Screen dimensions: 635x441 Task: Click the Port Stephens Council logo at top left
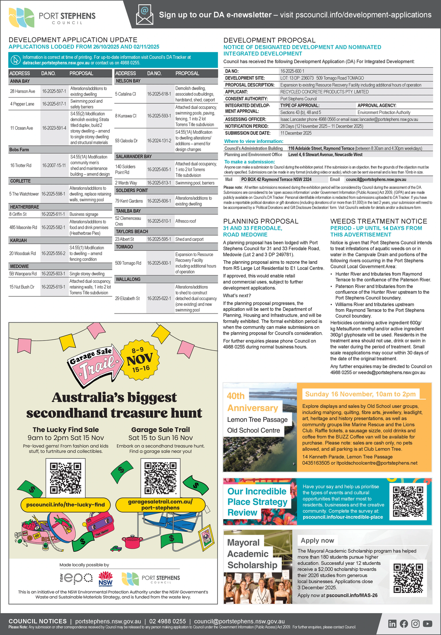tap(52, 17)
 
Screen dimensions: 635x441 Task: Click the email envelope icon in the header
tap(144, 15)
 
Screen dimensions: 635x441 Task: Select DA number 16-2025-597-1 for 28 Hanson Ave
tap(54, 91)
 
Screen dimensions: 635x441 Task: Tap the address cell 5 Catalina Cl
tap(126, 94)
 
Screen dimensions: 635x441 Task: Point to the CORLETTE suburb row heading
tap(20, 181)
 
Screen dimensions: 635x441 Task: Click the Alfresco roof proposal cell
tap(185, 221)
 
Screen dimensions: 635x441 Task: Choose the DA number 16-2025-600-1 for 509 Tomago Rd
tap(159, 263)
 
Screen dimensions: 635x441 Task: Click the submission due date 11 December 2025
tap(296, 133)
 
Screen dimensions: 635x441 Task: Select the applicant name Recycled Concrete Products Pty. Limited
tap(324, 92)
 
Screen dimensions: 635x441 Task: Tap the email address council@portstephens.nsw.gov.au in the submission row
tap(376, 179)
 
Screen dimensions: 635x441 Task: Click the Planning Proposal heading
tap(260, 221)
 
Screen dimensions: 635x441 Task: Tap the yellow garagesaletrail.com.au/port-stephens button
tap(160, 504)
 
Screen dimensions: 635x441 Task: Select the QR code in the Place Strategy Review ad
tap(408, 501)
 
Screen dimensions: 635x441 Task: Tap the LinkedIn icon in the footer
tap(392, 623)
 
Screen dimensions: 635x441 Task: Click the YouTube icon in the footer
tap(428, 623)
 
